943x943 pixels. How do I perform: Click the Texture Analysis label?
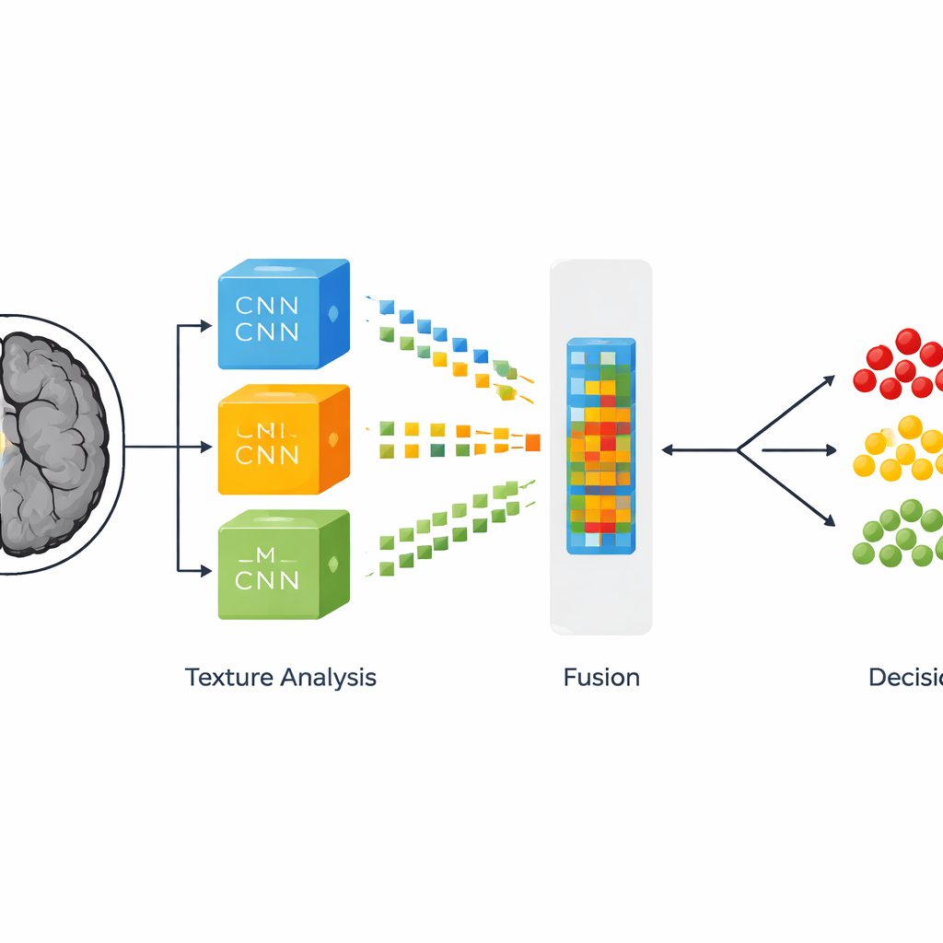[281, 678]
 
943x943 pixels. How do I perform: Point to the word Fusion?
[601, 678]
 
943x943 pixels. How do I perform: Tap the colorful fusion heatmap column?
[600, 446]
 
